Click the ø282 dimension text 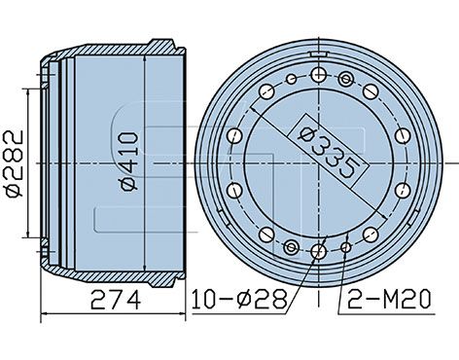click(x=15, y=163)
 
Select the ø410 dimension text click(x=129, y=161)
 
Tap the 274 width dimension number click(x=116, y=300)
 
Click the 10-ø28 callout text click(x=239, y=299)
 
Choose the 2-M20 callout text click(x=389, y=299)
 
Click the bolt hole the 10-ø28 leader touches click(x=319, y=251)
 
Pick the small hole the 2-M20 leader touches click(x=346, y=248)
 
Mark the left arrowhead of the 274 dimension click(x=45, y=313)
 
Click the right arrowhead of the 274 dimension click(x=182, y=313)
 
